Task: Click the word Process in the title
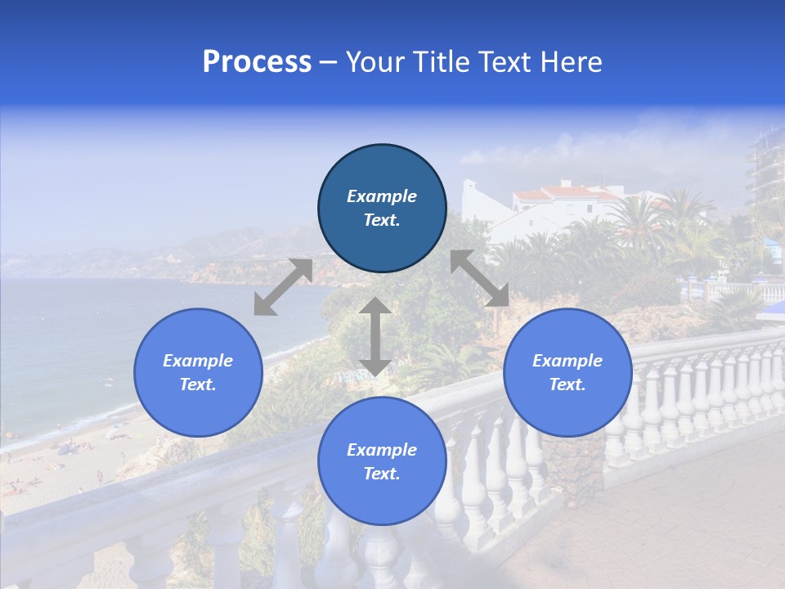pos(257,63)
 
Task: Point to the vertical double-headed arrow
pos(375,337)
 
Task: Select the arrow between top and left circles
pos(283,287)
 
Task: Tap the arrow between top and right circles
pos(480,278)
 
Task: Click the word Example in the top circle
pos(382,196)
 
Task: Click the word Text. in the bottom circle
pos(382,474)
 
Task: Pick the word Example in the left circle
pos(198,361)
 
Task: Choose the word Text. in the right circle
pos(567,384)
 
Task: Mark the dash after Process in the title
pos(329,63)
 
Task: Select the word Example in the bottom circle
pos(382,450)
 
